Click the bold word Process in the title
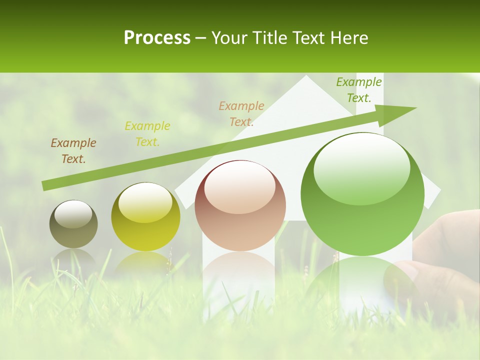coord(157,37)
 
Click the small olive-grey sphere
coord(73,224)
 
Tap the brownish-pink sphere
coord(240,205)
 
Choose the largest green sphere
coord(362,194)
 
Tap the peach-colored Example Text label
coord(241,113)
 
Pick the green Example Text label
coord(359,90)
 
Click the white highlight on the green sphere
coord(362,167)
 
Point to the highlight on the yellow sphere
coord(145,201)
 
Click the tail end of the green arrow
coord(45,185)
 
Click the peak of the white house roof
coord(305,77)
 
